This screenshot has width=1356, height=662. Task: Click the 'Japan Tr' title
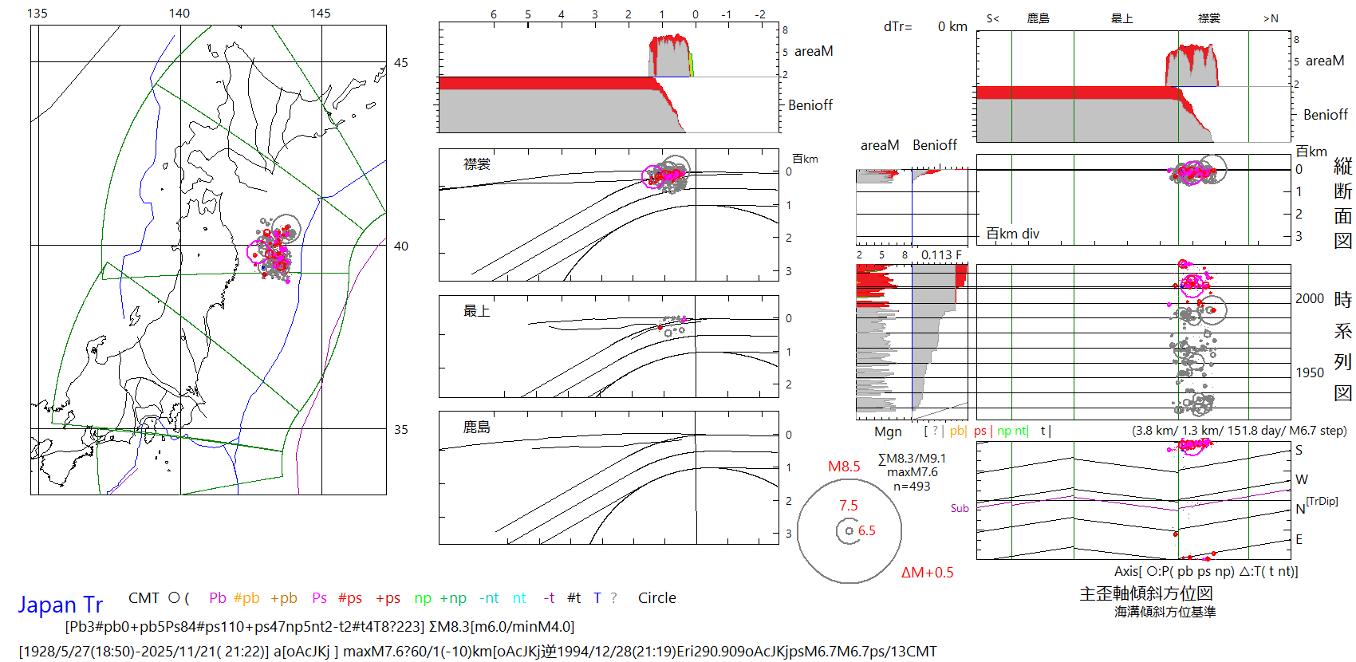61,605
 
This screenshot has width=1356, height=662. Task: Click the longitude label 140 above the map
179,13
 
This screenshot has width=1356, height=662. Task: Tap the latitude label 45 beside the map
401,63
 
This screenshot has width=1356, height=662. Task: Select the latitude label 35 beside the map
401,429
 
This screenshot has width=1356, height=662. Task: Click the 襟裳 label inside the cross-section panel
477,164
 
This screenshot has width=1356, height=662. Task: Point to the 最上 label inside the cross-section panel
477,311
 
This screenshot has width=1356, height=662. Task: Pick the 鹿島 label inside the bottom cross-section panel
477,428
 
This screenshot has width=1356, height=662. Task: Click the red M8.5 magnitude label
844,467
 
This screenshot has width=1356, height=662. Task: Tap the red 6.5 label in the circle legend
867,530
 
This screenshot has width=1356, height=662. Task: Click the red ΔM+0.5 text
927,573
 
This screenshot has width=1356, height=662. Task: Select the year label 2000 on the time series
1310,298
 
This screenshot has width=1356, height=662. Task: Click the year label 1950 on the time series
1310,372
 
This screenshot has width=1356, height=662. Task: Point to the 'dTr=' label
897,27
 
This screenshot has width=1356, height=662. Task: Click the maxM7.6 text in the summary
913,472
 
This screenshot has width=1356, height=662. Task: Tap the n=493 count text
912,487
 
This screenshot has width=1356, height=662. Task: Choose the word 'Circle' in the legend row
656,598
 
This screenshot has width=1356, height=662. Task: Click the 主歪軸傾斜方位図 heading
1145,593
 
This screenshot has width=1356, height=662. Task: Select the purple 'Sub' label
960,508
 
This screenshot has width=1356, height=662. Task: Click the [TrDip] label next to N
1322,501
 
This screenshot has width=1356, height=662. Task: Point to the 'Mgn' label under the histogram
888,431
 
